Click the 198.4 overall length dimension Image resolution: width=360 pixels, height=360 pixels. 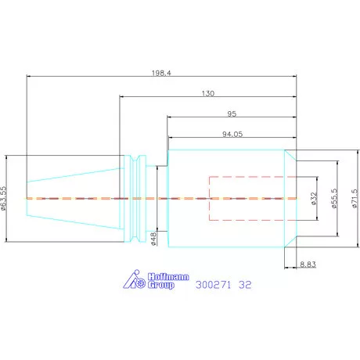(x=161, y=73)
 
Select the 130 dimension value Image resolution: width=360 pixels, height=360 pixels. (x=208, y=93)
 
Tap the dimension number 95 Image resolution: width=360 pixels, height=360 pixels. (x=232, y=113)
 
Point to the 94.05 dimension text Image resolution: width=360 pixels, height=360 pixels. (x=232, y=134)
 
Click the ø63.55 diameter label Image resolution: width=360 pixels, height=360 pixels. (x=3, y=198)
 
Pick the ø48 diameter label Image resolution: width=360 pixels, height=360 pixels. (x=153, y=239)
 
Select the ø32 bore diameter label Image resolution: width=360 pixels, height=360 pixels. (x=314, y=199)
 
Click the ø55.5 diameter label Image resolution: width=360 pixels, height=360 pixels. (x=334, y=198)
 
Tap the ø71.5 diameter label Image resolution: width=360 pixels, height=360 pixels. (x=355, y=199)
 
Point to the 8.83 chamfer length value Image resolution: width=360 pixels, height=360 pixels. (x=308, y=265)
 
